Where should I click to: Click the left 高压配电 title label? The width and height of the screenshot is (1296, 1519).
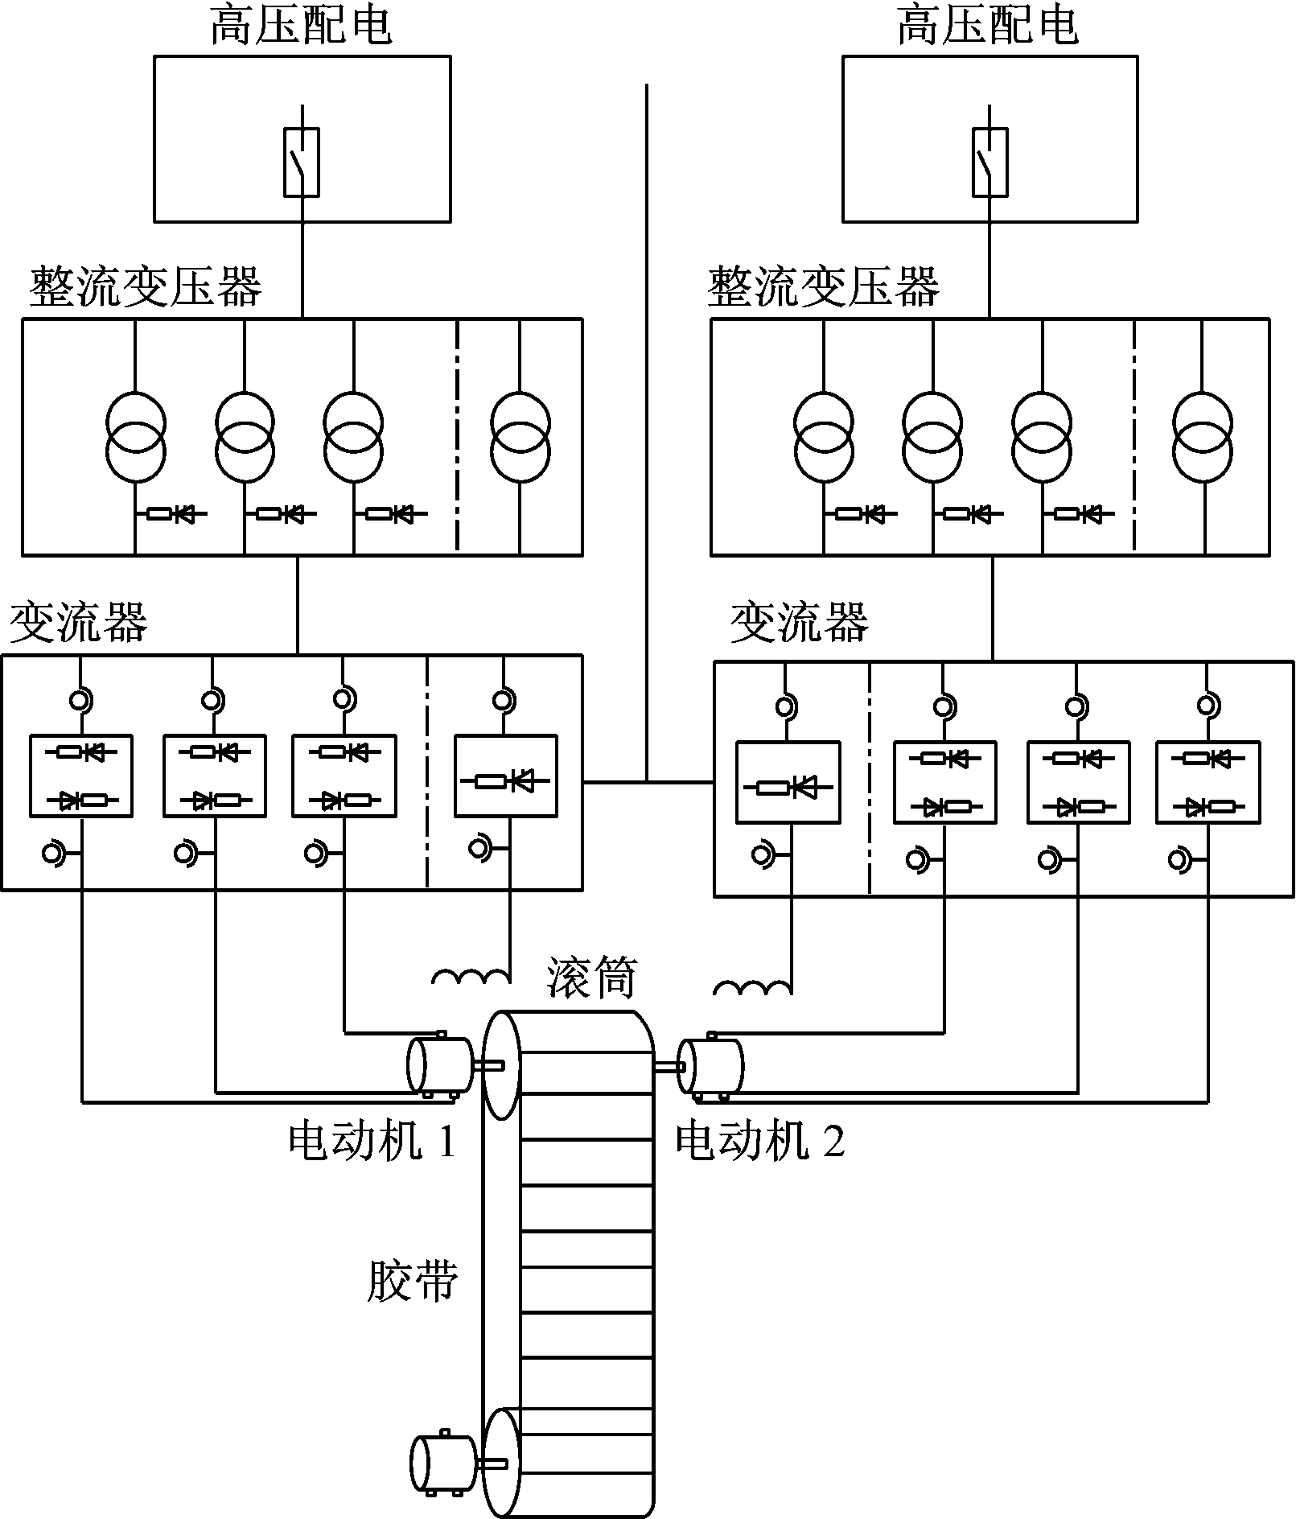(x=301, y=26)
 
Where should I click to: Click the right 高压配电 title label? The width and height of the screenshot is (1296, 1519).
(x=987, y=26)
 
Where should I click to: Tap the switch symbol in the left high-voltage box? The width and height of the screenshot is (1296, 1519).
(x=302, y=162)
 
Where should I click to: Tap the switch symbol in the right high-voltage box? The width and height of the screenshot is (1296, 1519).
(x=989, y=162)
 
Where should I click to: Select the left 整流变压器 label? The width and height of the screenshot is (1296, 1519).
(x=146, y=287)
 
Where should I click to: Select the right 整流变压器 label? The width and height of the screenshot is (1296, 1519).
(x=823, y=287)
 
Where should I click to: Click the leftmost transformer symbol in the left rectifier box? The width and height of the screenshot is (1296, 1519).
(x=136, y=437)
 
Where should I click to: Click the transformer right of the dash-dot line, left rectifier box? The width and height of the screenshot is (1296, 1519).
(x=520, y=437)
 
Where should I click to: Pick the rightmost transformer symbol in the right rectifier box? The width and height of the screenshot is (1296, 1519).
(x=1203, y=437)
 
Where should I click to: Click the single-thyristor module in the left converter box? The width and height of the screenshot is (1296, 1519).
(x=505, y=776)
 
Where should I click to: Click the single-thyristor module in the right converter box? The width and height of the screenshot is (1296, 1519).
(x=788, y=783)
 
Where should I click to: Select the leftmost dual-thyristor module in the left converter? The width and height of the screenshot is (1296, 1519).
(x=81, y=776)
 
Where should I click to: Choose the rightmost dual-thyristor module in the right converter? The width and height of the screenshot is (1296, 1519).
(x=1208, y=783)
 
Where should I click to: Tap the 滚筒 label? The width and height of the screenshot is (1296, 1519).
(x=591, y=978)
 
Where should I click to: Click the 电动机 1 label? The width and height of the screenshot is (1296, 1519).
(x=372, y=1141)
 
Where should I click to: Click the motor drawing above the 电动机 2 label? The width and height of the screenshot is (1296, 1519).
(x=710, y=1067)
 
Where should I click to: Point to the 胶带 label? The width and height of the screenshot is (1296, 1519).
(x=412, y=1281)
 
